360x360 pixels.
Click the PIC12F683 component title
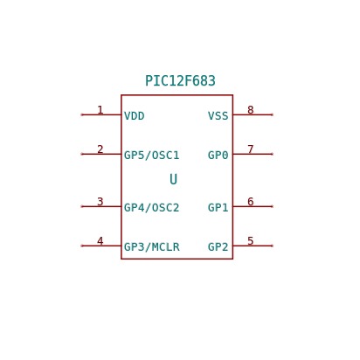pos(180,81)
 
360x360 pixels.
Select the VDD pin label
pos(135,116)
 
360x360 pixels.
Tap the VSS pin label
pos(218,116)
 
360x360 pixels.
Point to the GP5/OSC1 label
pos(152,156)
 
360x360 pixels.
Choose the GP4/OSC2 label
pos(152,208)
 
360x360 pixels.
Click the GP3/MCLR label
pos(152,247)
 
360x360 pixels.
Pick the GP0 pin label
pos(218,156)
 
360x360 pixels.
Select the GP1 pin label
pos(218,208)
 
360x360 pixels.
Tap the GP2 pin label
pos(218,247)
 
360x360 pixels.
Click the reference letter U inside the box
pos(174,179)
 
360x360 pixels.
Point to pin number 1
pos(100,110)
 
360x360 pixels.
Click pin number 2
pos(100,149)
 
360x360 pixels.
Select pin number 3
pos(100,202)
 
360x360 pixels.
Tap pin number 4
pos(100,241)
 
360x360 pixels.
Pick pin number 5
pos(251,241)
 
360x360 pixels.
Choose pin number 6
pos(251,202)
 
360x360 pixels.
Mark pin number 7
pos(251,149)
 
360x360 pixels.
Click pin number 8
pos(251,110)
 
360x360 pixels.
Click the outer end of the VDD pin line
pos(82,114)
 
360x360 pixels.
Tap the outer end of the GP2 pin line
pos(272,246)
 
